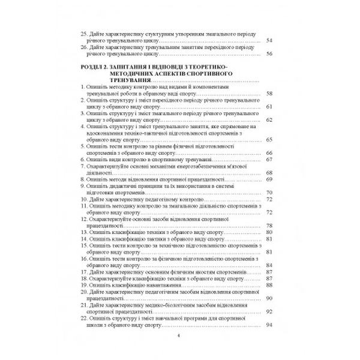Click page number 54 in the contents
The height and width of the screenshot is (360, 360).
pos(269,40)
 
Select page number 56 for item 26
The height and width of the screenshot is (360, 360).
pos(269,53)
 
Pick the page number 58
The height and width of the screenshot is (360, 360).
pos(269,93)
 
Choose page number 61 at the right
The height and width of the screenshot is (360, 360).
pos(269,106)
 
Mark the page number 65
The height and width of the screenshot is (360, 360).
pos(269,139)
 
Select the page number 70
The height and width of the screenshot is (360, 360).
pos(269,193)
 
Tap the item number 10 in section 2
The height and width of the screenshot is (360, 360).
pos(83,199)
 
